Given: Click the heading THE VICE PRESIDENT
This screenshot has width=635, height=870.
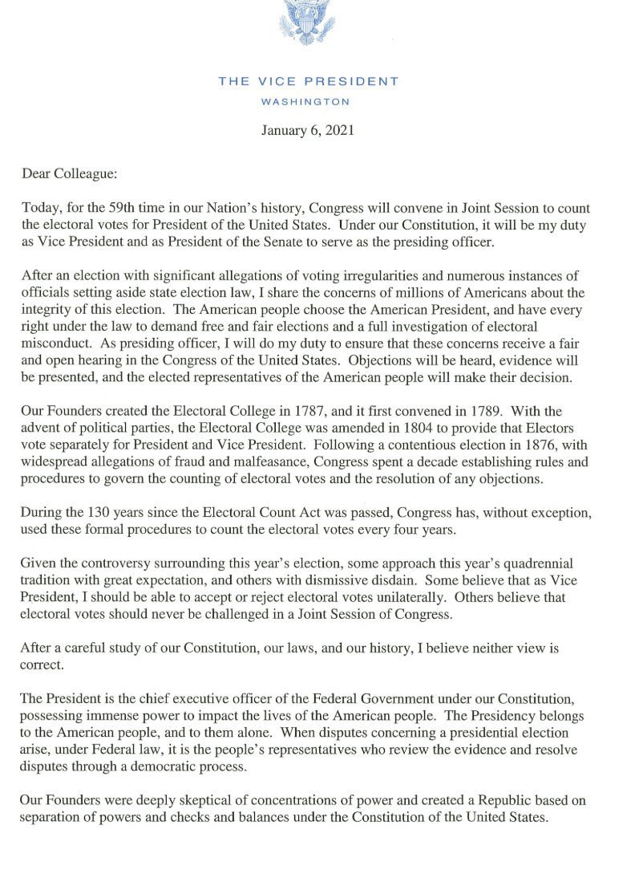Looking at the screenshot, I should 309,81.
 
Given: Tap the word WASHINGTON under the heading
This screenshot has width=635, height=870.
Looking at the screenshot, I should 308,102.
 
